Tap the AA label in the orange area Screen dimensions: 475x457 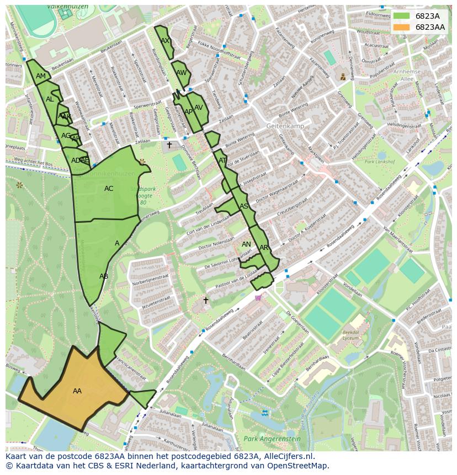point(77,391)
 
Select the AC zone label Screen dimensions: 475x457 point(109,189)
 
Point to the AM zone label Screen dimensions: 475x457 point(41,76)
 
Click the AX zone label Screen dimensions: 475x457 point(165,41)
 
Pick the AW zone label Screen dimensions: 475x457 point(181,73)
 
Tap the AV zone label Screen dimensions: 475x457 point(199,108)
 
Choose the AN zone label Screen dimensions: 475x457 point(246,244)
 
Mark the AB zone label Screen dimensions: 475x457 point(104,276)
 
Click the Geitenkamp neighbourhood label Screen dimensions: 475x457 point(285,126)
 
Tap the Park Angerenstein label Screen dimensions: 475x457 point(272,439)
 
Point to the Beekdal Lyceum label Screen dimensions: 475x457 point(351,336)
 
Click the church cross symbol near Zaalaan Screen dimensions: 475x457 point(169,145)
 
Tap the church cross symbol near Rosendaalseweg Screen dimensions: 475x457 point(206,301)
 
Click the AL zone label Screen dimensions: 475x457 point(50,99)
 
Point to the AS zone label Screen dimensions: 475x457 point(244,206)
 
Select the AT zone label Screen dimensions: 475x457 point(222,161)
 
